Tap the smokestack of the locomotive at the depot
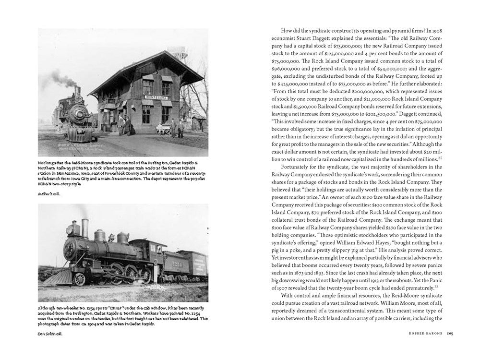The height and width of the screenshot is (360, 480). (x=77, y=92)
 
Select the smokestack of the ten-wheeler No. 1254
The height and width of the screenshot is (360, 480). (x=85, y=228)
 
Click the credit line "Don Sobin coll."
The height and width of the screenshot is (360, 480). (x=51, y=333)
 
